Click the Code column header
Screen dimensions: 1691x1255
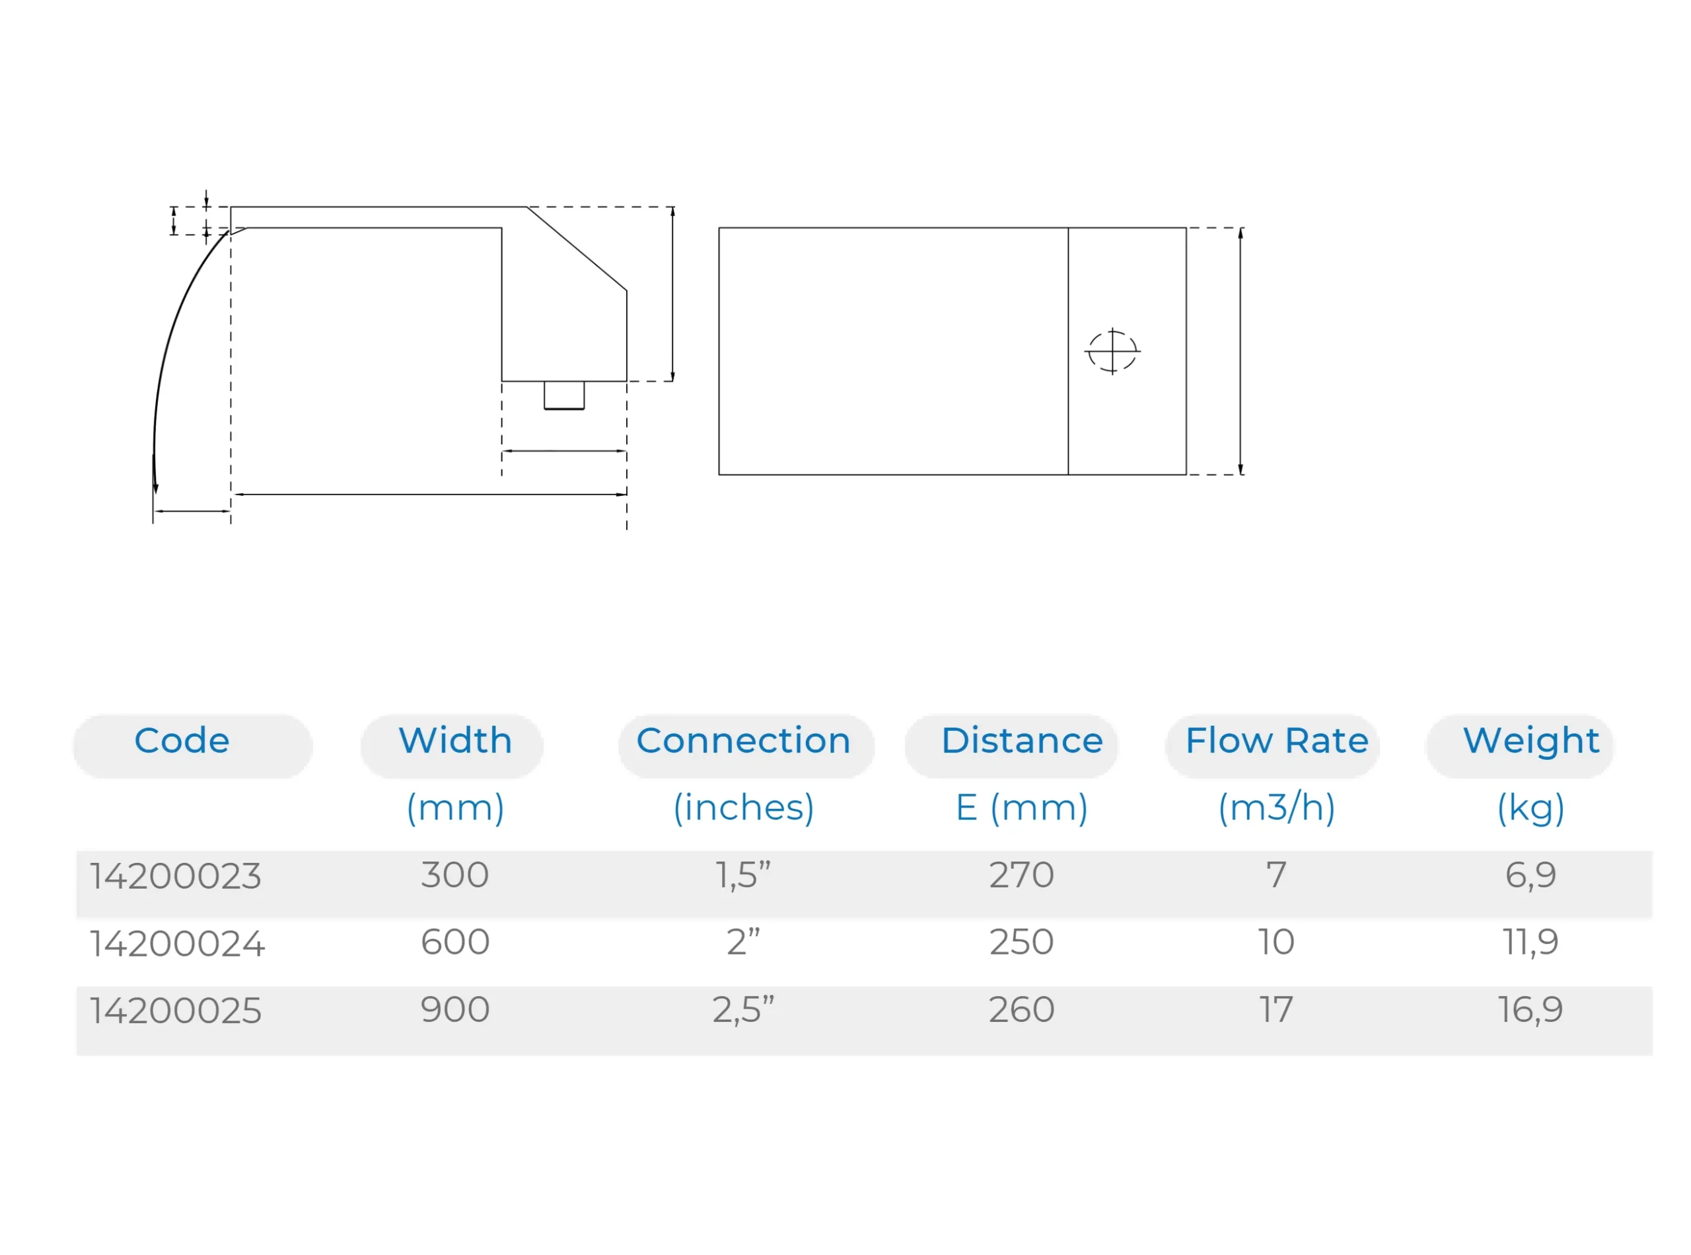click(182, 741)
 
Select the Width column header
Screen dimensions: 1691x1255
click(455, 741)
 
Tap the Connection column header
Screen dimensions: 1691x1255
click(743, 741)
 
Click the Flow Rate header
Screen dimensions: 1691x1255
click(1277, 741)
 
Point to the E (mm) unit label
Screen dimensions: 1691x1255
click(1021, 807)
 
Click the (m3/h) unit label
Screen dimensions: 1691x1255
click(1277, 807)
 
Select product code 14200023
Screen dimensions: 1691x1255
click(176, 876)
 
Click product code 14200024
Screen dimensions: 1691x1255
click(177, 943)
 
